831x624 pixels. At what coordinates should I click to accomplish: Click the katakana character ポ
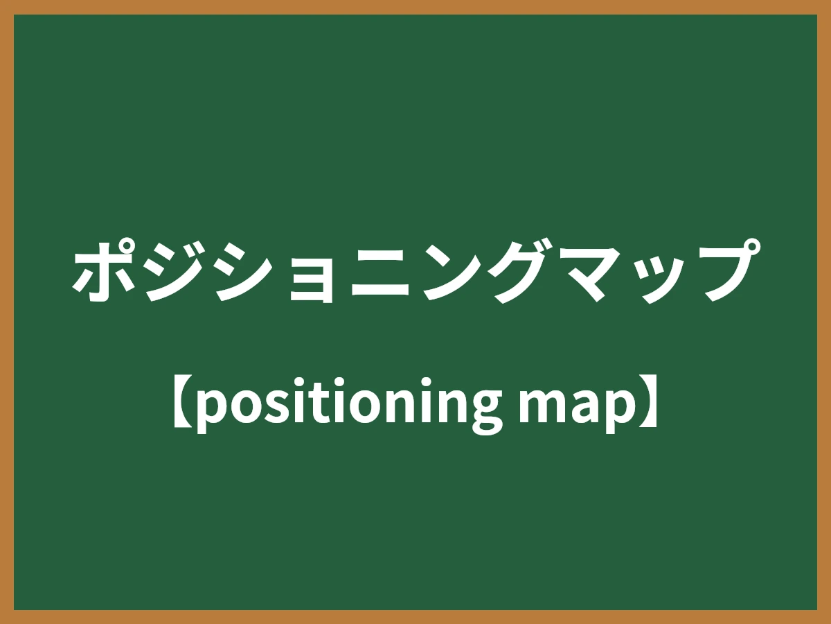pos(104,272)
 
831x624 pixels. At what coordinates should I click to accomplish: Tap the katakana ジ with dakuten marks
pos(174,272)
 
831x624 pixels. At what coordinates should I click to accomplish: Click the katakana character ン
pos(448,272)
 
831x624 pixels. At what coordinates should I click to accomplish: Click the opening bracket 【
pos(181,403)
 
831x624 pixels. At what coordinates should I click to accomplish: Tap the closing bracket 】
pos(648,403)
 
